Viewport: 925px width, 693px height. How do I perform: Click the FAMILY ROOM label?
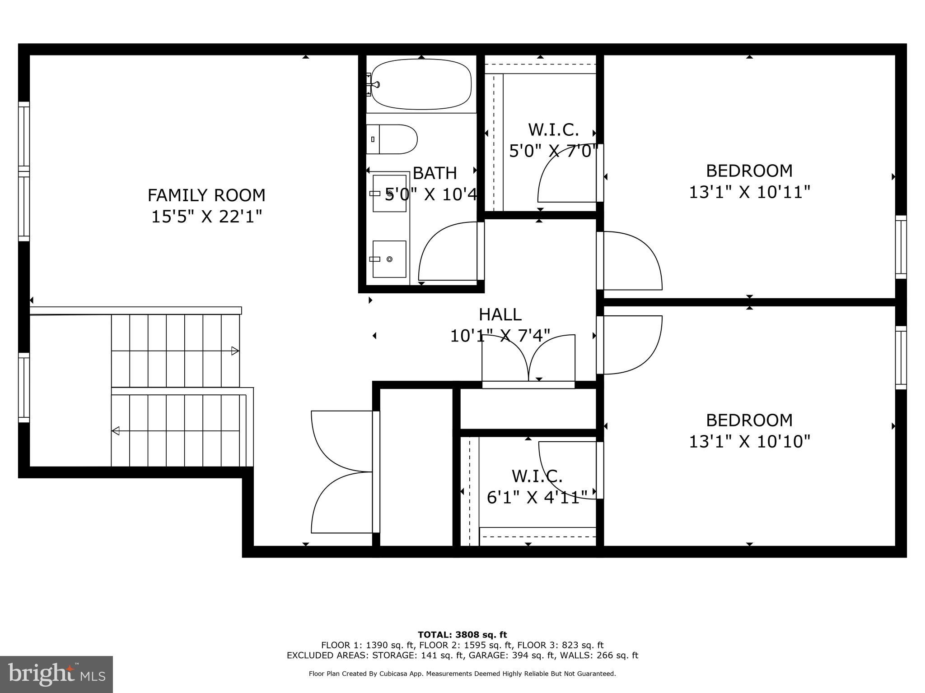(206, 195)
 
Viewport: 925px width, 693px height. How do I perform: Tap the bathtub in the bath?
(420, 84)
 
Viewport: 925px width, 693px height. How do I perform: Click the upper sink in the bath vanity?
(389, 194)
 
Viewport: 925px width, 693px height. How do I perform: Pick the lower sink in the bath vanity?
(389, 259)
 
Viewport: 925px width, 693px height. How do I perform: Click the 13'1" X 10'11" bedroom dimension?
(749, 193)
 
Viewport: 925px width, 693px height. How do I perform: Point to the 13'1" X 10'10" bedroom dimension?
(749, 441)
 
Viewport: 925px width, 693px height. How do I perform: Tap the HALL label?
(500, 314)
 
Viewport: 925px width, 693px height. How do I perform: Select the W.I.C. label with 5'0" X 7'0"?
(553, 130)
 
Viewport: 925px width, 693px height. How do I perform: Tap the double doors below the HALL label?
(528, 359)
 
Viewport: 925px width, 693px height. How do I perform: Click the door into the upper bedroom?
(632, 260)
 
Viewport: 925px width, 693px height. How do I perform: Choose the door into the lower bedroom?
(632, 345)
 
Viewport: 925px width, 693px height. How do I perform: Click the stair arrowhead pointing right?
(235, 351)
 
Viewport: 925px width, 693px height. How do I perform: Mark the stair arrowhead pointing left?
(116, 431)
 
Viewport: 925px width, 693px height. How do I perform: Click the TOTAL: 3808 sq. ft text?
(462, 635)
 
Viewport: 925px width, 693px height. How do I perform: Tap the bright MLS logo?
(56, 675)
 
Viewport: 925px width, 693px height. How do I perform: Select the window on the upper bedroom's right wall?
(901, 247)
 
